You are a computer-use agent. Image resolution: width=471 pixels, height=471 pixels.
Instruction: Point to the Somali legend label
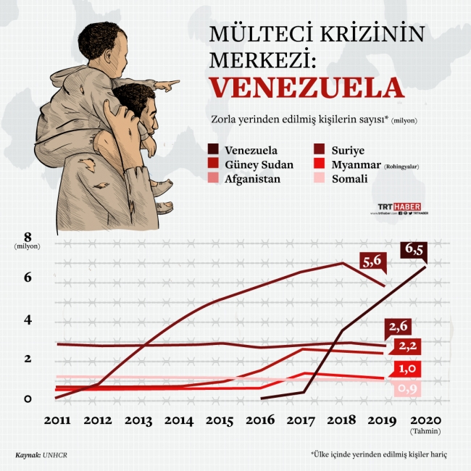(349, 178)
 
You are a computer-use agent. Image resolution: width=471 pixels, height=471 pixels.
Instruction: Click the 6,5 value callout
(414, 250)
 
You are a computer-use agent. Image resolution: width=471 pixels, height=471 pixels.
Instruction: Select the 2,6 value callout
(400, 325)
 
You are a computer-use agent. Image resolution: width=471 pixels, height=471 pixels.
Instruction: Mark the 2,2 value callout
(407, 345)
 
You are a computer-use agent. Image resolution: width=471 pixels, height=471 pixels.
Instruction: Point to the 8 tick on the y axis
(29, 236)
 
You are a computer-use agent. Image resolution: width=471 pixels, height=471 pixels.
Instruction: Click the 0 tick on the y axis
(28, 399)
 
